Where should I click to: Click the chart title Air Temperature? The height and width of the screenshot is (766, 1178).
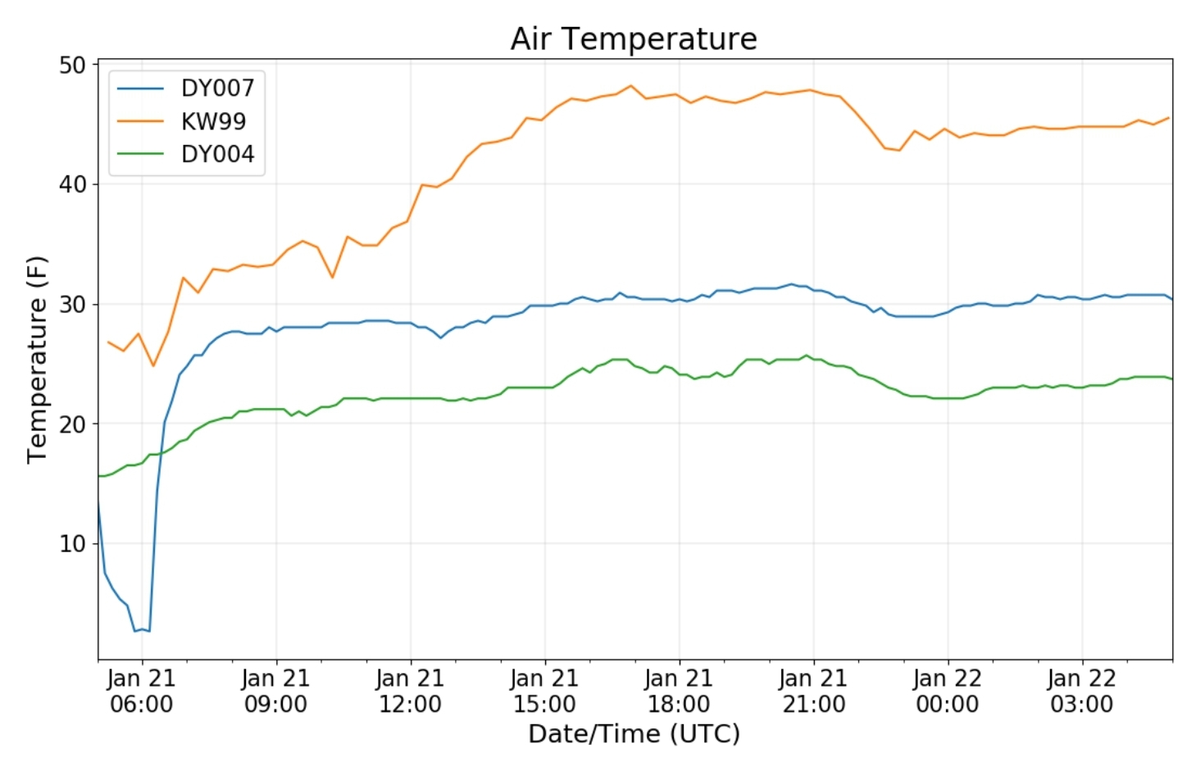coord(633,39)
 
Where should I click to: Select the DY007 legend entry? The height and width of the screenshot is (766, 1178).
coord(217,88)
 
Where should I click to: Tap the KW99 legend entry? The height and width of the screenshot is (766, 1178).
coord(213,121)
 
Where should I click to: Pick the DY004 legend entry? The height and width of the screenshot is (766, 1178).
coord(217,154)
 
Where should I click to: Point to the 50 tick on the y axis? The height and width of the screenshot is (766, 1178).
coord(72,66)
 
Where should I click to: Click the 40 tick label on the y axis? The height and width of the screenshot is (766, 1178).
coord(72,184)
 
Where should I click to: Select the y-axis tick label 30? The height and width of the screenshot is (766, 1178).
coord(72,304)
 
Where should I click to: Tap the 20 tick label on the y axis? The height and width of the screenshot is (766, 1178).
coord(72,424)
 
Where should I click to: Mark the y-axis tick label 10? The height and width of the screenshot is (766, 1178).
coord(72,543)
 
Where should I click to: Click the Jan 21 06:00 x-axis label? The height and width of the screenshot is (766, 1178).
coord(142,691)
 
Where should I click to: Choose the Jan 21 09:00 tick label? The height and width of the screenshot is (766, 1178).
coord(276,691)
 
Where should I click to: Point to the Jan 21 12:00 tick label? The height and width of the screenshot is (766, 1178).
coord(410,691)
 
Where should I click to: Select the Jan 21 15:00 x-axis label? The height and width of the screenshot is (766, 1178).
coord(544,691)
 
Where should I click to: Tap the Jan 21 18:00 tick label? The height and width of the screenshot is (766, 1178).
coord(679,691)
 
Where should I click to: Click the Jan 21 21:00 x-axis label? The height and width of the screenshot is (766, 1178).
coord(813,691)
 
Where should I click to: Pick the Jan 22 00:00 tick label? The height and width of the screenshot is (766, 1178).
coord(948,691)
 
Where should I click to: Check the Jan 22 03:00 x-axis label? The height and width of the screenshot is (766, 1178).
coord(1082,691)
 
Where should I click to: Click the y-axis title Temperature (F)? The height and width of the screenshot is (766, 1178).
coord(37,360)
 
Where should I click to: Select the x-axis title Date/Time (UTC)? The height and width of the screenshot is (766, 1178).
coord(634,733)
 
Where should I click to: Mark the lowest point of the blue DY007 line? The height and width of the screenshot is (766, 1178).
coord(136,631)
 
